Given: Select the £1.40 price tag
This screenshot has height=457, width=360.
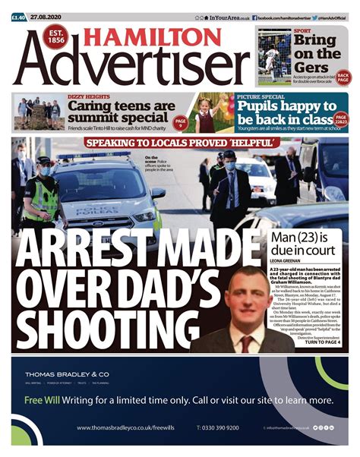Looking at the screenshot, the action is click(x=18, y=17).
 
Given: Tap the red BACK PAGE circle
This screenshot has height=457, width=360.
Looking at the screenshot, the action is click(x=343, y=78).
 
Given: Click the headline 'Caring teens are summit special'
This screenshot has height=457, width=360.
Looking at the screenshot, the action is click(x=122, y=112).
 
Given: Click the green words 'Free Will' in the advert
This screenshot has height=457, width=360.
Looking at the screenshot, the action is click(x=43, y=400).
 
